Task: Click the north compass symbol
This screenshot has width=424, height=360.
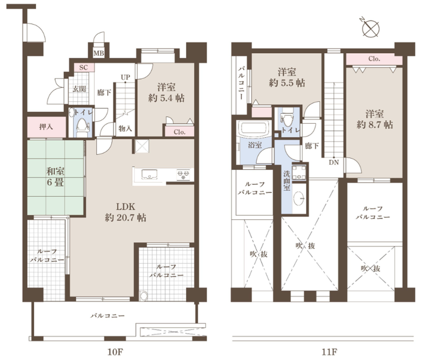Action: [x=370, y=28]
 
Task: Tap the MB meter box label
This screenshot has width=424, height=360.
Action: [x=99, y=53]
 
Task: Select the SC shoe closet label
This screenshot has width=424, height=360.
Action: [x=84, y=68]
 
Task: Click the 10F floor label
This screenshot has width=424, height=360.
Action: [x=116, y=352]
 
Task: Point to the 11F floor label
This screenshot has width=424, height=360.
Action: [x=329, y=352]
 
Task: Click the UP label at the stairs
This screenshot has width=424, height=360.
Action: [x=125, y=77]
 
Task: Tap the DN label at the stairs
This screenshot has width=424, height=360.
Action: [x=333, y=163]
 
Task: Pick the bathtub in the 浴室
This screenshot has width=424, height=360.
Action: [x=254, y=128]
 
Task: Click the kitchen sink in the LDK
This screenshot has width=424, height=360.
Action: [x=149, y=174]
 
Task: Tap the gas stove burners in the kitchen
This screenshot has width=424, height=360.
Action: [x=183, y=175]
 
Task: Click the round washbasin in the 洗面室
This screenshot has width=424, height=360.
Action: [x=300, y=198]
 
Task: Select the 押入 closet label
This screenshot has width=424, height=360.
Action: [x=46, y=126]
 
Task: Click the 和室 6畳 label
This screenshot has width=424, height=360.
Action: [x=56, y=177]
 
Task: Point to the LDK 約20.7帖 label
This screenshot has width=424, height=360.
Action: [x=125, y=212]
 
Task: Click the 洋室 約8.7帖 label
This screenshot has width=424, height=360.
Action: [x=375, y=120]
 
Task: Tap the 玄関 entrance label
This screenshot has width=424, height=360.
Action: [x=79, y=89]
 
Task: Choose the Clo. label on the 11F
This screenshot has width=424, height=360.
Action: [x=374, y=58]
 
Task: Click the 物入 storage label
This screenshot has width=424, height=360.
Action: [x=125, y=129]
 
